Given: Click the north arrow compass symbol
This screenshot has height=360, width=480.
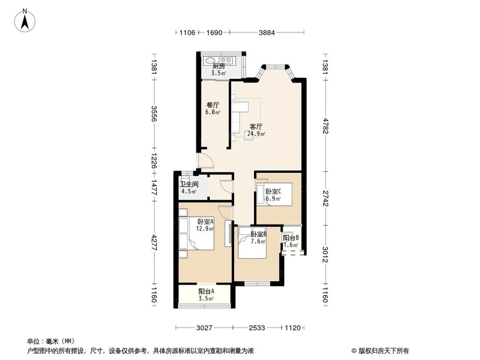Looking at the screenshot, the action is [25, 21].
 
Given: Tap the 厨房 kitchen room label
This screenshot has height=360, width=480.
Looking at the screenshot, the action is [218, 66].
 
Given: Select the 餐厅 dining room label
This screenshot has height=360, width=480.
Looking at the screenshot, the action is [213, 105].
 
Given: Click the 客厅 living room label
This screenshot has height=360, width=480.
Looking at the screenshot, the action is [256, 127].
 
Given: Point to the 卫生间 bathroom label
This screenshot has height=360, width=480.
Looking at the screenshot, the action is [189, 184].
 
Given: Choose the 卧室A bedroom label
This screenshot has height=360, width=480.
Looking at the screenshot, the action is [205, 221].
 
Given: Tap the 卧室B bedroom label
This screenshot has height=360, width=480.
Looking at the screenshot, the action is [259, 234].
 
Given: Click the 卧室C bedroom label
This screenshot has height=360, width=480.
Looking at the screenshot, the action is [273, 192].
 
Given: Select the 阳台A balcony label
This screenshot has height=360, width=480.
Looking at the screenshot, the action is [206, 292].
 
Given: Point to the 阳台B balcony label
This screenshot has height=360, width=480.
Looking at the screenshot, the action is [291, 238].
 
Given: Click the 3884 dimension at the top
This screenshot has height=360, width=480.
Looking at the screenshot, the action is [266, 33].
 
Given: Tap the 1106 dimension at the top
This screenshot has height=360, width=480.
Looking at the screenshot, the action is [187, 33].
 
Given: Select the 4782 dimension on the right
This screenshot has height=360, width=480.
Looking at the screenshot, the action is [325, 126].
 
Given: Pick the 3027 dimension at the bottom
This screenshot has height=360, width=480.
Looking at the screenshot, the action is [204, 328].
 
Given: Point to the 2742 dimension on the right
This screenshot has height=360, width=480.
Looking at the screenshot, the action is [325, 198].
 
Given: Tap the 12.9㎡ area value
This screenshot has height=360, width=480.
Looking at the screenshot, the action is [205, 228].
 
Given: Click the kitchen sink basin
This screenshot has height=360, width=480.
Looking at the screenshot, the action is [210, 60].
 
